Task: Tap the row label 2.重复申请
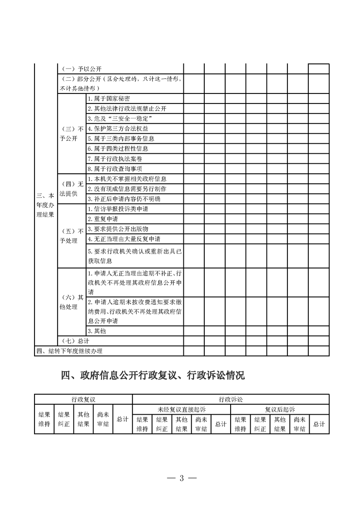(100, 219)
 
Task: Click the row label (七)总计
(74, 341)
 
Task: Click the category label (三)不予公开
(72, 133)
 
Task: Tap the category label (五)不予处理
(72, 235)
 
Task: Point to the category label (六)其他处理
(72, 302)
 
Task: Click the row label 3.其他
(97, 331)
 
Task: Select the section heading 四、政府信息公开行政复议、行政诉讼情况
(153, 376)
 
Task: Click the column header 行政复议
(83, 399)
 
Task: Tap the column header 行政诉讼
(231, 399)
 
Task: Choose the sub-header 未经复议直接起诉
(182, 410)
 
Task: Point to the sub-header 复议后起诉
(280, 410)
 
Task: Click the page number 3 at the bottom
(181, 479)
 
